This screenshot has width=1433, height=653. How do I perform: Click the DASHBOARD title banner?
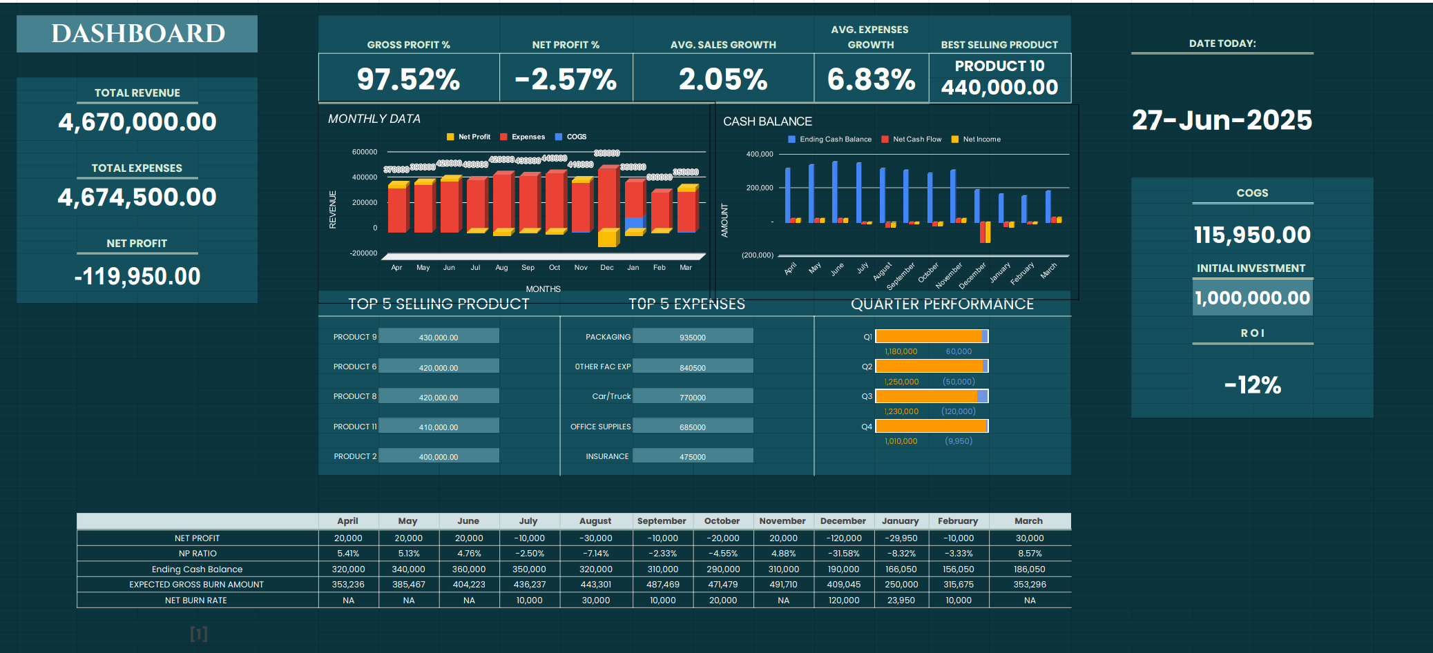coord(137,34)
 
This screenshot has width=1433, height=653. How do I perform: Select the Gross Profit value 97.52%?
coord(408,79)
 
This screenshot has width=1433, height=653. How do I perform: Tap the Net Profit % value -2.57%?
coord(566,79)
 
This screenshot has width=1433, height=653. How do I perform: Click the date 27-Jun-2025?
coord(1222,120)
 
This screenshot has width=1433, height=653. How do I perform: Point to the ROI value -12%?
coord(1252,384)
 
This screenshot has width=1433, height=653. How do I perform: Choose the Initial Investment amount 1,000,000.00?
coord(1252,298)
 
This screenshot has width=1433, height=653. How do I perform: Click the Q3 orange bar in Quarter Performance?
coord(927,396)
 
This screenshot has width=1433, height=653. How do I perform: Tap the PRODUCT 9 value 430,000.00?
coord(439,338)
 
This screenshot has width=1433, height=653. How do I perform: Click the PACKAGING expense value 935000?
coord(693,338)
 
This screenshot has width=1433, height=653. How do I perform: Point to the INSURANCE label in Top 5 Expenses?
coord(607,456)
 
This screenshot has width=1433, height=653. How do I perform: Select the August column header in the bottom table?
coord(595,521)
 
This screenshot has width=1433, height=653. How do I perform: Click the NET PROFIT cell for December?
coord(843,538)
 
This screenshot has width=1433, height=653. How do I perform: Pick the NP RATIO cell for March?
coord(1029,554)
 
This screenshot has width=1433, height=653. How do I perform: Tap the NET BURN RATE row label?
coord(196,601)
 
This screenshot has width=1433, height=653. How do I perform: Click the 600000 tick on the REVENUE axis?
coord(365,152)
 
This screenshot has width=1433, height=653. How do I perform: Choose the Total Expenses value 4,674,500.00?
coord(137,197)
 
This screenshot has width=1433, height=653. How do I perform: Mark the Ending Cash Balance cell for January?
coord(901,569)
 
